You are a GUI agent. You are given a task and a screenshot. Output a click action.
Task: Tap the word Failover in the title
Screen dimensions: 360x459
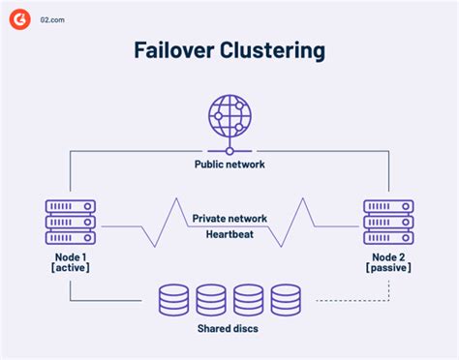(168, 50)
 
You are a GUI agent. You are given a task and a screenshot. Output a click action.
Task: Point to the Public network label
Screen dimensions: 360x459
(229, 164)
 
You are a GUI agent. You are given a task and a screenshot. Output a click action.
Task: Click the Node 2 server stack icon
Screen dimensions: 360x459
(388, 222)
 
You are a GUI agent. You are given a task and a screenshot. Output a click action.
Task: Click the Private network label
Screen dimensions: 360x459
(229, 219)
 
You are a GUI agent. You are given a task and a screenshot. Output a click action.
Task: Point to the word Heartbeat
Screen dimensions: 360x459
(229, 233)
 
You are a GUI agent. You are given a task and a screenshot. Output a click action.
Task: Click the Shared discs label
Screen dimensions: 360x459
(229, 328)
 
